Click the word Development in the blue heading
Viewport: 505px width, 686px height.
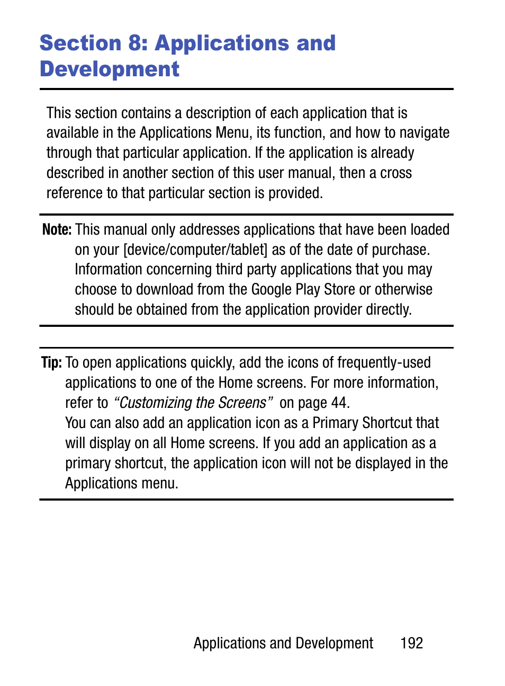(110, 69)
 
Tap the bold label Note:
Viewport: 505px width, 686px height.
(56, 229)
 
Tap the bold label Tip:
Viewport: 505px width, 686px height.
(51, 362)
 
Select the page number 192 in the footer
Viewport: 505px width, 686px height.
(411, 643)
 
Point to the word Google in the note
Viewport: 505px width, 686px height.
(271, 290)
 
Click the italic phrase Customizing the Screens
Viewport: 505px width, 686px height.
(193, 403)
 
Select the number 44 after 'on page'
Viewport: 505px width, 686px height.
(339, 403)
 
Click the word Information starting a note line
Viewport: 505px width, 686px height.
(109, 270)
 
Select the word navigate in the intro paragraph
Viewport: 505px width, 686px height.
(424, 132)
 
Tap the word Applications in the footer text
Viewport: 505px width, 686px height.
(229, 643)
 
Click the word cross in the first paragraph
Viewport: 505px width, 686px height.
(395, 173)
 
